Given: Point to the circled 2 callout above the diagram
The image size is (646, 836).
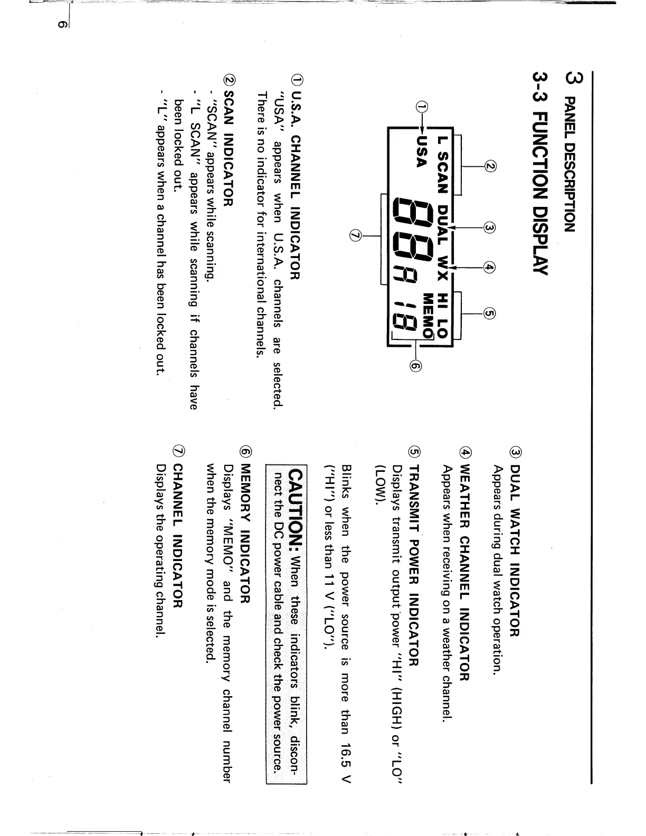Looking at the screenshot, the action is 490,167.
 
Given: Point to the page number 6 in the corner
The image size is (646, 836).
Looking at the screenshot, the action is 62,24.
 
